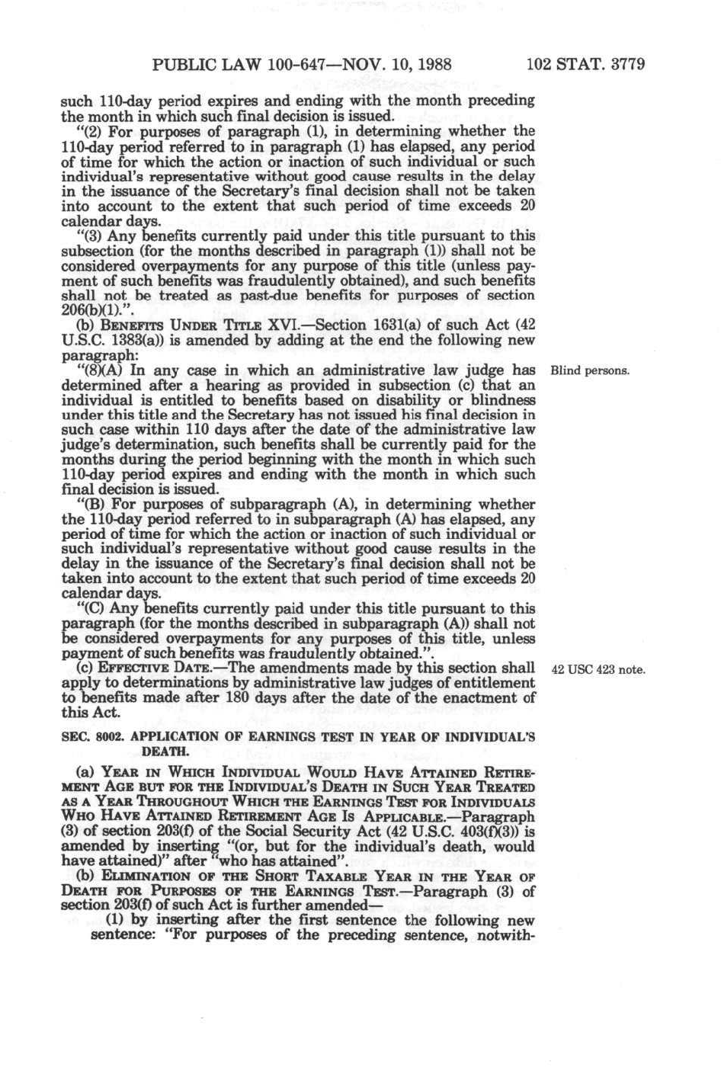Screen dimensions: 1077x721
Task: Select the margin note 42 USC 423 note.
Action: tap(598, 671)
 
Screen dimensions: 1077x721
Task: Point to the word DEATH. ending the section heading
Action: tap(167, 752)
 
